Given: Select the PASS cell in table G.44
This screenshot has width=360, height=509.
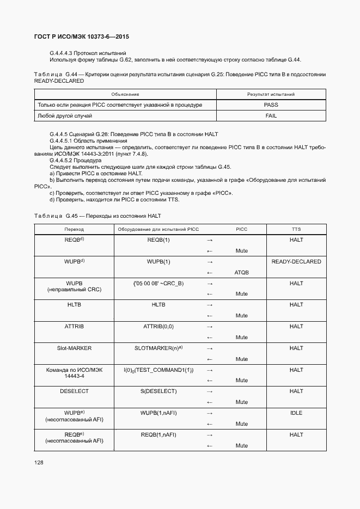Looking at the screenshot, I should (270, 105).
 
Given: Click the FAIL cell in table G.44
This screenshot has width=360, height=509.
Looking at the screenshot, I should (270, 116).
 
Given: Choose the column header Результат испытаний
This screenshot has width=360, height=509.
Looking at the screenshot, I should (271, 94).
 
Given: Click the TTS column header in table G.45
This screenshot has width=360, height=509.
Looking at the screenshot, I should (296, 229).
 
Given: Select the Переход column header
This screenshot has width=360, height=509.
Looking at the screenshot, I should (74, 229).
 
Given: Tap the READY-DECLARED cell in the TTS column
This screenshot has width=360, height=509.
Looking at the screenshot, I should (296, 262).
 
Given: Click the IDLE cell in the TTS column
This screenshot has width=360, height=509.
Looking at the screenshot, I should (296, 413).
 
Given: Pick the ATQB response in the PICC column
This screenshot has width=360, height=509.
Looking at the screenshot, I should (241, 273).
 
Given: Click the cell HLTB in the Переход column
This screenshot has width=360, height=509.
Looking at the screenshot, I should (74, 305).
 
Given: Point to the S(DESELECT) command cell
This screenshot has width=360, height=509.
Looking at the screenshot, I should (158, 391).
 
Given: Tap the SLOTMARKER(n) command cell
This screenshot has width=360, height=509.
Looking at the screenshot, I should (158, 348).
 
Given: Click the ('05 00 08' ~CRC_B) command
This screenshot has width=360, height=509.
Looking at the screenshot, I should (158, 284).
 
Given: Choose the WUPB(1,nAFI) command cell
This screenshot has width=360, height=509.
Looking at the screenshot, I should (158, 413).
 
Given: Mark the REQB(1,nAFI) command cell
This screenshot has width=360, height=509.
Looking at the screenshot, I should (158, 435).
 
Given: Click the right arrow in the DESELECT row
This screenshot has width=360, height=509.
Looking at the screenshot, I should (210, 392).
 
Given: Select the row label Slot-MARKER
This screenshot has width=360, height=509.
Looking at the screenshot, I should (74, 348).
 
